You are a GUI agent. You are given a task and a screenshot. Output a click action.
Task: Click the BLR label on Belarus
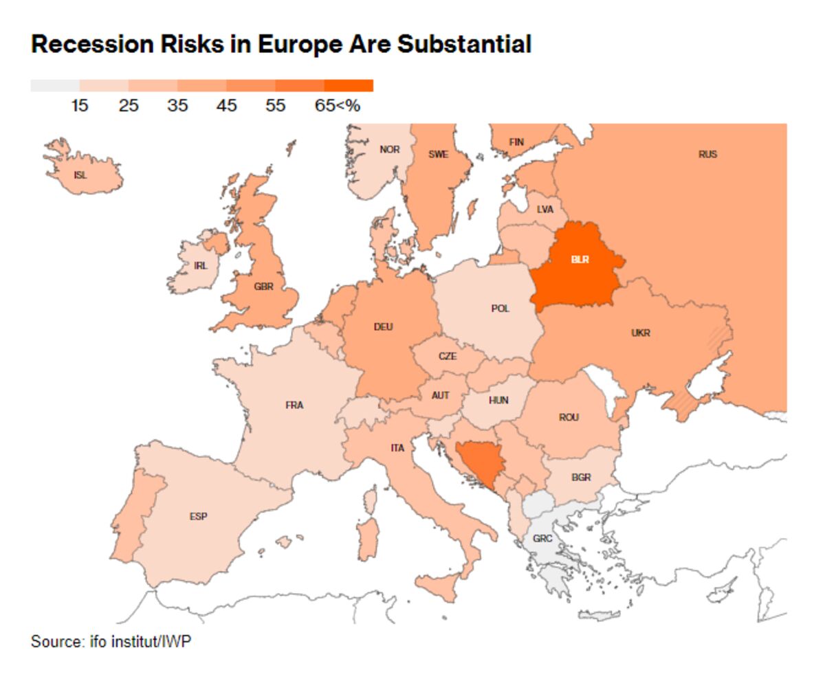click(580, 260)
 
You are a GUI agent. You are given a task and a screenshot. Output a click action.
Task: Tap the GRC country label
click(542, 538)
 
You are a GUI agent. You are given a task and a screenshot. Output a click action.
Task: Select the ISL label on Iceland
click(80, 175)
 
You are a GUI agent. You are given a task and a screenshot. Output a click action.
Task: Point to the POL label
click(500, 309)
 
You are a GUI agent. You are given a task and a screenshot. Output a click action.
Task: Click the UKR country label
click(640, 333)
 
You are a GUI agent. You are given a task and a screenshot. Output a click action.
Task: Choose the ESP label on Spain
click(199, 516)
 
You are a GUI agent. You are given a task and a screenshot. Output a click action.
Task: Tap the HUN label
click(498, 400)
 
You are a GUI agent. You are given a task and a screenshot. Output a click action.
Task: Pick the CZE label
click(448, 357)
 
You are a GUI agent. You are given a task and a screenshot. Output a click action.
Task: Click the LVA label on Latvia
click(544, 209)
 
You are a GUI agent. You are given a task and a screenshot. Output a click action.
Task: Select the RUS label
click(707, 154)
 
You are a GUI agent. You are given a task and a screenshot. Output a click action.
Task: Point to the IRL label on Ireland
click(200, 265)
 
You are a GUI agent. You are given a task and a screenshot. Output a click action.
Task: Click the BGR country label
click(581, 478)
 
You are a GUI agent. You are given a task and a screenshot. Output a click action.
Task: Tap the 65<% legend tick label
click(338, 106)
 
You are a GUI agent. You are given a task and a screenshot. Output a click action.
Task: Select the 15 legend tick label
click(80, 106)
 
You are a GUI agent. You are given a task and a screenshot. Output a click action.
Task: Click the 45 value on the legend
click(226, 106)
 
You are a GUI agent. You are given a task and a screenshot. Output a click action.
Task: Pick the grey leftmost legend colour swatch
click(55, 86)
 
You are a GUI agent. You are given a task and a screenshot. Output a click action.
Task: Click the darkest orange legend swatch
click(349, 86)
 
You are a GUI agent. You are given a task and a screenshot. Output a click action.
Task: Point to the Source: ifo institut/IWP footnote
click(111, 642)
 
